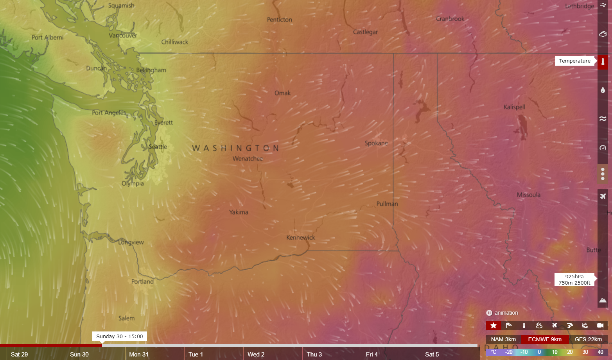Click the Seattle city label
[x=158, y=147]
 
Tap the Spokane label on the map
[x=376, y=143]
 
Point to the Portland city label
[x=142, y=282]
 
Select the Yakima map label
[x=239, y=212]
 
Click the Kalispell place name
[x=514, y=107]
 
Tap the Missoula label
[x=528, y=195]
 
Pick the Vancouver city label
[x=123, y=36]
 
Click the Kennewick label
[x=300, y=238]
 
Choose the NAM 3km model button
[x=503, y=339]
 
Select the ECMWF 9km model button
[x=545, y=339]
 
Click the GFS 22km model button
[x=588, y=339]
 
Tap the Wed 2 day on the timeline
[x=256, y=355]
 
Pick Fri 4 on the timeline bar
[x=372, y=355]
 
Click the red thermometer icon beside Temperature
[x=603, y=62]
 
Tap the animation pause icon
[x=489, y=313]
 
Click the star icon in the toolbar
[x=494, y=325]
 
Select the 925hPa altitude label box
[x=574, y=279]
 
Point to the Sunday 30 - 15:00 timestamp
[x=120, y=336]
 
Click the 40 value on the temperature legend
[x=600, y=352]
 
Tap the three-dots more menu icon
[x=603, y=174]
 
